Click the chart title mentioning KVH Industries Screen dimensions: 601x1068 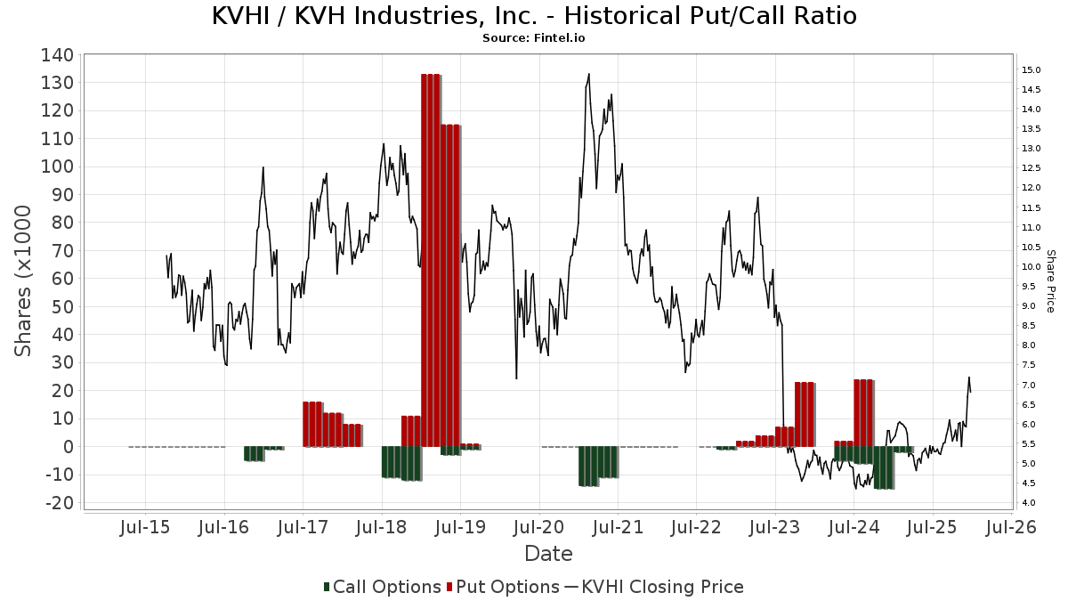(x=534, y=16)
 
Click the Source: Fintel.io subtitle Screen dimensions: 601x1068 (x=534, y=38)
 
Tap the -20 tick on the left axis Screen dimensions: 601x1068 (x=59, y=503)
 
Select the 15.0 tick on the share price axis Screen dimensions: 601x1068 (x=1032, y=70)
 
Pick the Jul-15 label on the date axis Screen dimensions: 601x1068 (x=145, y=527)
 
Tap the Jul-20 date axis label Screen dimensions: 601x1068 (x=538, y=527)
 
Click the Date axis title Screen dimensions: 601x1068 (x=548, y=554)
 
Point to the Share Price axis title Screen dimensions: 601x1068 (x=1050, y=280)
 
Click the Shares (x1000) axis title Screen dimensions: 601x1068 (x=24, y=280)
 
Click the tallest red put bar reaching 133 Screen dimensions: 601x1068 (x=431, y=258)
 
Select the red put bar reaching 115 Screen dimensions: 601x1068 (x=450, y=285)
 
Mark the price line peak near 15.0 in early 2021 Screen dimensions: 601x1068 (x=589, y=75)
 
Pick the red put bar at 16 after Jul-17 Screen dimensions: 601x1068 (x=311, y=424)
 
